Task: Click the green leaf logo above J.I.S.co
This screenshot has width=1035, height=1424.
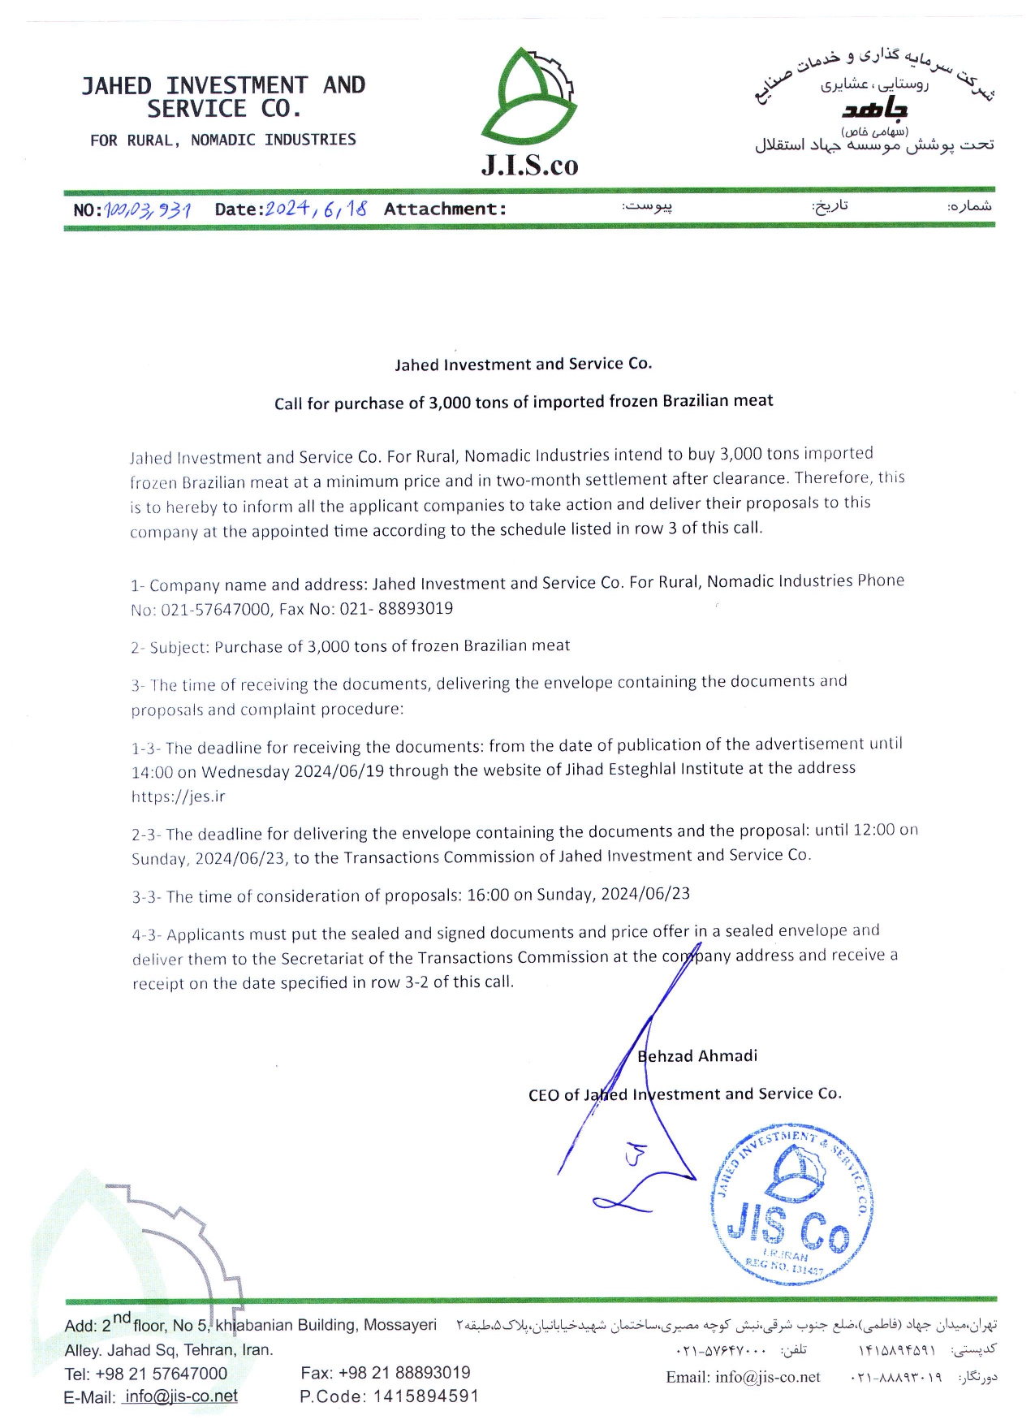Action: point(528,97)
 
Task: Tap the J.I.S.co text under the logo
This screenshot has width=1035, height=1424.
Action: point(529,165)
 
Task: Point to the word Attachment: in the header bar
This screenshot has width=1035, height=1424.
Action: point(445,209)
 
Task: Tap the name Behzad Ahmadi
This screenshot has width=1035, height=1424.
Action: point(697,1055)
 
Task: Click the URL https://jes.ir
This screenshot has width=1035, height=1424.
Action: point(178,796)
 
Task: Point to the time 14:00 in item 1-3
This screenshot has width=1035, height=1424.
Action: point(153,772)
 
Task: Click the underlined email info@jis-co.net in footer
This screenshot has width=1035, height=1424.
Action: point(181,1396)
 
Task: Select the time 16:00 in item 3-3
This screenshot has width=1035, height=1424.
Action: point(488,895)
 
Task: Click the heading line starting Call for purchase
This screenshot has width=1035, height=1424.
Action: point(524,402)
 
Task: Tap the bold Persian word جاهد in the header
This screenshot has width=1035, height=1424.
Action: point(874,108)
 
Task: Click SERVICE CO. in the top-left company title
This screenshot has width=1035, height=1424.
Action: point(224,109)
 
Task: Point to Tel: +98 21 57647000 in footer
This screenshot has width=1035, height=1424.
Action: point(146,1374)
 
